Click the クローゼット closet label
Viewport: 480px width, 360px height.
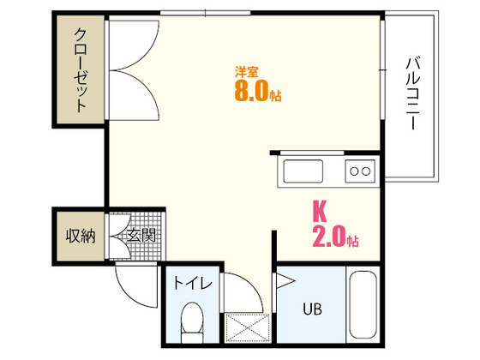(x=80, y=69)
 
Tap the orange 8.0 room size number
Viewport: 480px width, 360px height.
(x=249, y=90)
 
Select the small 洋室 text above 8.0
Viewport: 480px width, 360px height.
(x=246, y=71)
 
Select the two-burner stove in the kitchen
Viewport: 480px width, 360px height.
(x=360, y=171)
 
